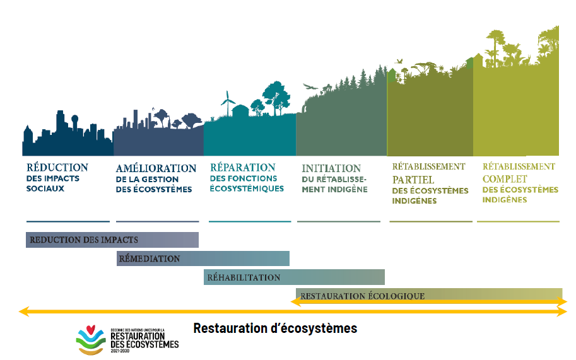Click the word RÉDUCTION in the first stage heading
coord(57,168)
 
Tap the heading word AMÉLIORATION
coord(156,168)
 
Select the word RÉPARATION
coord(242,168)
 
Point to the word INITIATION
coord(331,168)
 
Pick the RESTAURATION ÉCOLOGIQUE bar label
coord(362,296)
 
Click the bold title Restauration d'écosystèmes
coord(275,328)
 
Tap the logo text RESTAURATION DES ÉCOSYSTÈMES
coord(144,340)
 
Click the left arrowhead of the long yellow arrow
coord(23,311)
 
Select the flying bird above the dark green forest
coord(310,87)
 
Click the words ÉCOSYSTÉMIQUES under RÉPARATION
coord(247,189)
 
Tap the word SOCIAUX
coord(45,189)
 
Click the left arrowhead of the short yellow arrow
coord(294,302)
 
